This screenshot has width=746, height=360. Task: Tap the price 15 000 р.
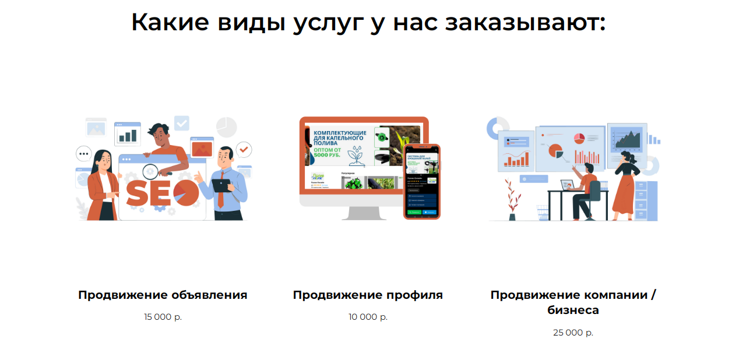pos(163,317)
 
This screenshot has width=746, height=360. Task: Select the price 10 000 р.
pos(368,317)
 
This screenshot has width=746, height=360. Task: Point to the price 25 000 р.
pos(573,333)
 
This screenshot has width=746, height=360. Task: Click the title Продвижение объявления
pos(163,295)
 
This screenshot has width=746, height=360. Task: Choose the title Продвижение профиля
pos(368,295)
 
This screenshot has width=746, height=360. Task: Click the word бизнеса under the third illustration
pos(573,310)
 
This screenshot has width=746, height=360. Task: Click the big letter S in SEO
pos(136,194)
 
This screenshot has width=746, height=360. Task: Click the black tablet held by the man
pos(221,185)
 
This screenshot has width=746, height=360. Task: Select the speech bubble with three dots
pos(84,154)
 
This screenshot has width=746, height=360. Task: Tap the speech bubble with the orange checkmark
pos(244,150)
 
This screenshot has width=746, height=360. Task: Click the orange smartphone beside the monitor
pos(422,182)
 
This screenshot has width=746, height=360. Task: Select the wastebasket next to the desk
pos(542,213)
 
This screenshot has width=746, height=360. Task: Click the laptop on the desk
pos(568,185)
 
